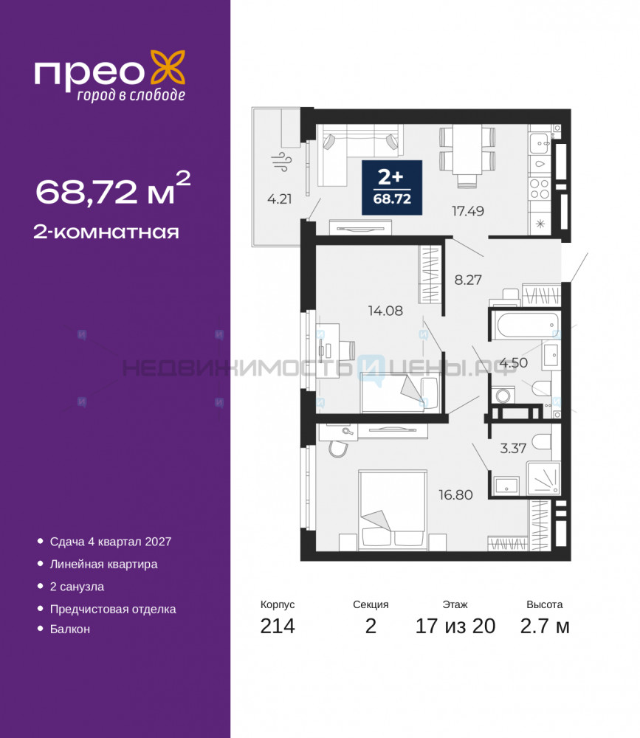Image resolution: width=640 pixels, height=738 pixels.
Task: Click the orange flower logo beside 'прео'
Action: pyautogui.click(x=168, y=68)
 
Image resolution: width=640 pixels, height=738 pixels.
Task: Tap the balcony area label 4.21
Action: pyautogui.click(x=279, y=199)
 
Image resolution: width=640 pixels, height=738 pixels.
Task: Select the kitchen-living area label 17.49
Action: pyautogui.click(x=468, y=211)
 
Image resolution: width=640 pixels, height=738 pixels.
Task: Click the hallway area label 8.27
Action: pyautogui.click(x=468, y=280)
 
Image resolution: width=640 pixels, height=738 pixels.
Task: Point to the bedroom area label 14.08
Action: pyautogui.click(x=385, y=311)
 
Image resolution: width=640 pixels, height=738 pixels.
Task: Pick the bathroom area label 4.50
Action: pyautogui.click(x=513, y=363)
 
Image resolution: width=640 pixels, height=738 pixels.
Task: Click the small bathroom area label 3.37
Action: pyautogui.click(x=513, y=448)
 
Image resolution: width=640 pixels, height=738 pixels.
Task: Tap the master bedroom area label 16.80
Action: pyautogui.click(x=455, y=494)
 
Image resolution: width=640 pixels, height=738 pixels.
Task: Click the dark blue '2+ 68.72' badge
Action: pyautogui.click(x=392, y=187)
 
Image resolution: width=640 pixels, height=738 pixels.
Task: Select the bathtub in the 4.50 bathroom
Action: pyautogui.click(x=526, y=324)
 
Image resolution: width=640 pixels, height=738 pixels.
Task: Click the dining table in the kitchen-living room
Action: pyautogui.click(x=467, y=149)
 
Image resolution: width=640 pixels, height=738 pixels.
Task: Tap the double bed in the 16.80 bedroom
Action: pyautogui.click(x=392, y=510)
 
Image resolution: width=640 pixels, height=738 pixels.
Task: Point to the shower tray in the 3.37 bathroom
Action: pyautogui.click(x=544, y=478)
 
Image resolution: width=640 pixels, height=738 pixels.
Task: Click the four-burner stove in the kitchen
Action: pyautogui.click(x=540, y=189)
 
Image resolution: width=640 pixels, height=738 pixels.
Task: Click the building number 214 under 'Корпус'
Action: pyautogui.click(x=278, y=626)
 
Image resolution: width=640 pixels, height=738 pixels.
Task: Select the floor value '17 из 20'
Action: pyautogui.click(x=455, y=626)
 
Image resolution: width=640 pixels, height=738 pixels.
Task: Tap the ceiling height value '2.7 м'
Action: pyautogui.click(x=545, y=626)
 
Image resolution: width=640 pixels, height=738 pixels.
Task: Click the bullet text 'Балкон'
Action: pyautogui.click(x=69, y=629)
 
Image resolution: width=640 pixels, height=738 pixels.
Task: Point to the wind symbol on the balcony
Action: pyautogui.click(x=282, y=162)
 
